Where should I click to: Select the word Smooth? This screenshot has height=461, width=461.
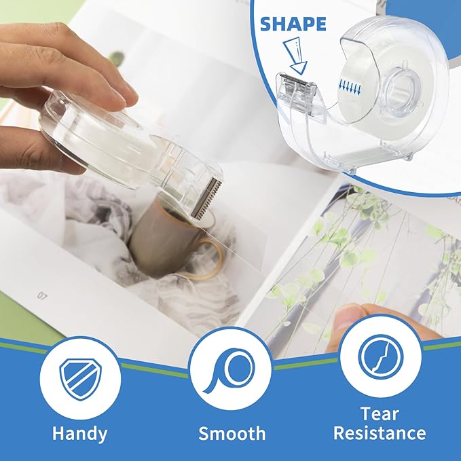[232, 432]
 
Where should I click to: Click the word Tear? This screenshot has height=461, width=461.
[379, 413]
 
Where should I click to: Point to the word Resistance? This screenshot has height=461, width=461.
[380, 433]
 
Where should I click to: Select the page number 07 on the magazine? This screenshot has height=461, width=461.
[43, 296]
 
